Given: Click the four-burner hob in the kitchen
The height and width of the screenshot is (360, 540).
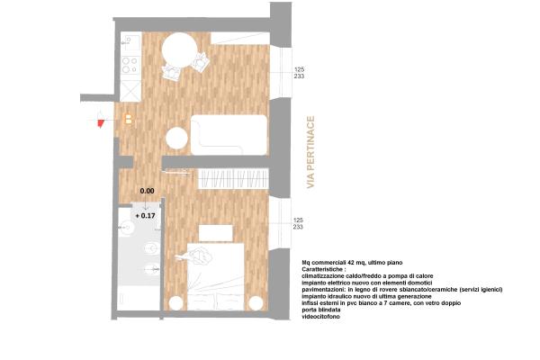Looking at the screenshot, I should [129, 66].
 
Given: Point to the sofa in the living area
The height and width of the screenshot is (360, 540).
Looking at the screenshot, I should [229, 135].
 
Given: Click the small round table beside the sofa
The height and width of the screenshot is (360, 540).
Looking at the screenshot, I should [176, 139].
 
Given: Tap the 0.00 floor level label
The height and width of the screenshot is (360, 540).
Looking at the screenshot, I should [147, 191].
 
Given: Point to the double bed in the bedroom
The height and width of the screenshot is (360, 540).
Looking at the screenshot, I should [216, 274].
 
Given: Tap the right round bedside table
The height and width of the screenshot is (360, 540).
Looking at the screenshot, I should [257, 301].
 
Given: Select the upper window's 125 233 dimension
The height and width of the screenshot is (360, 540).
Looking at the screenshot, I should [299, 74].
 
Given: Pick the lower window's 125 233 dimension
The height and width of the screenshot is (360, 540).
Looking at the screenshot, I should [299, 224].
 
